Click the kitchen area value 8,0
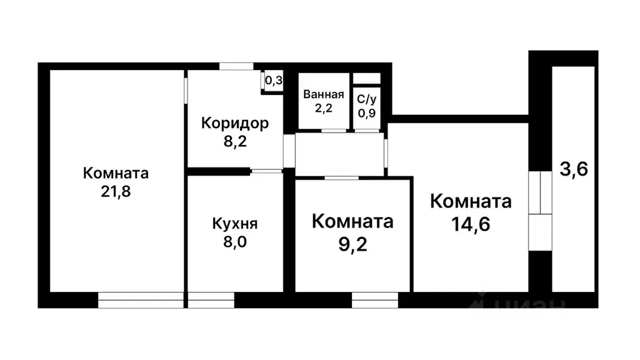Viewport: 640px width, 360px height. tap(234, 241)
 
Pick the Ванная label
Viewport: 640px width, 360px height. tap(323, 95)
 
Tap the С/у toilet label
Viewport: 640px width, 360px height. tap(366, 99)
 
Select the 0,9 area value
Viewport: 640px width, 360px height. tap(366, 112)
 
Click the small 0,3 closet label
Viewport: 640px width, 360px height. tap(274, 81)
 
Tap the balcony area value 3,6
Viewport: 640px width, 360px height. tap(573, 169)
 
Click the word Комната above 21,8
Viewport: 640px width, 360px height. tap(116, 173)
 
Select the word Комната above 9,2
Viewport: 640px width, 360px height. tap(352, 221)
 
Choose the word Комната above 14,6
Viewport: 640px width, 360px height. tap(471, 202)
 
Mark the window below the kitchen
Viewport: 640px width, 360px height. tap(211, 300)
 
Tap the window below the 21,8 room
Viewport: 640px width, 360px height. tap(141, 300)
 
